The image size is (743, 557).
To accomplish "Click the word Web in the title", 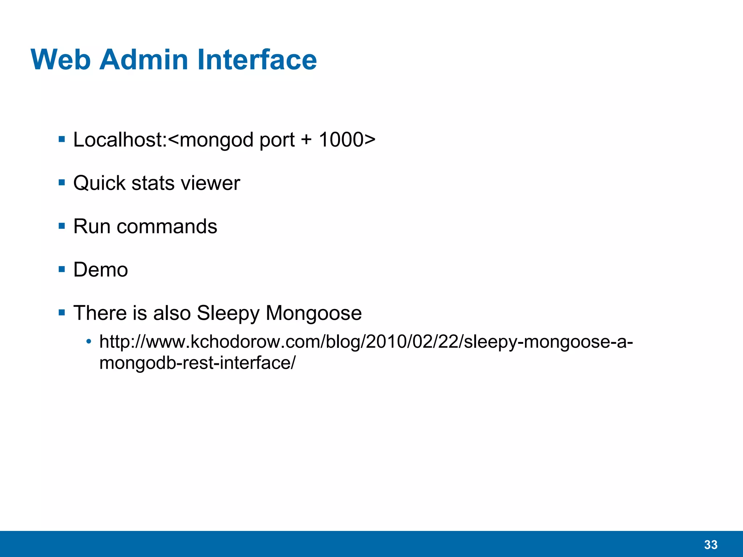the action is coord(61,59).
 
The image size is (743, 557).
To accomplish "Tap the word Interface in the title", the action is coord(257,59).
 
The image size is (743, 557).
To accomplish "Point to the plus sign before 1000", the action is coord(306,140).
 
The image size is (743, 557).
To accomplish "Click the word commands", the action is coord(167,227).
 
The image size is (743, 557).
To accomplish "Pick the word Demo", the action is coord(100,270).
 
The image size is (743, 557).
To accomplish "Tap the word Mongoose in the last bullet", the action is coord(314,313).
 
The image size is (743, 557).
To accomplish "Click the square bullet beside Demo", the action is coord(62,269).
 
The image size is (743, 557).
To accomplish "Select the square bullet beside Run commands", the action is coord(62,226).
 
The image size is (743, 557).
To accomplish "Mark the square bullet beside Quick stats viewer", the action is coord(62,183).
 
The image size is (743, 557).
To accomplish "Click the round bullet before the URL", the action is coord(89,342).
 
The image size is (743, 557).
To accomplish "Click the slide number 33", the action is coord(711,545).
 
